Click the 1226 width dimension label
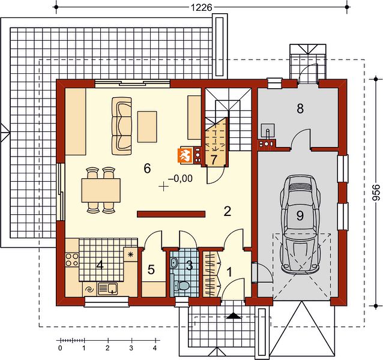point(201,8)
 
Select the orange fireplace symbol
point(185,155)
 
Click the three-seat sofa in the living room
point(122,126)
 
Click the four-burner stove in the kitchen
point(72,259)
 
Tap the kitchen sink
point(107,289)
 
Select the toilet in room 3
point(181,286)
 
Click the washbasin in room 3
point(173,263)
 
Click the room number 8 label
point(300,109)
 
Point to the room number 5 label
point(151,270)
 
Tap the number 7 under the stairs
point(213,160)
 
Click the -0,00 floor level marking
point(180,179)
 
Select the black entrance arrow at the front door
point(234,316)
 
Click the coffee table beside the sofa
point(147,127)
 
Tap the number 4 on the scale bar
point(155,348)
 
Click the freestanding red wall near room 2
point(171,214)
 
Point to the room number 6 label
point(147,169)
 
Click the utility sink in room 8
point(268,130)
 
